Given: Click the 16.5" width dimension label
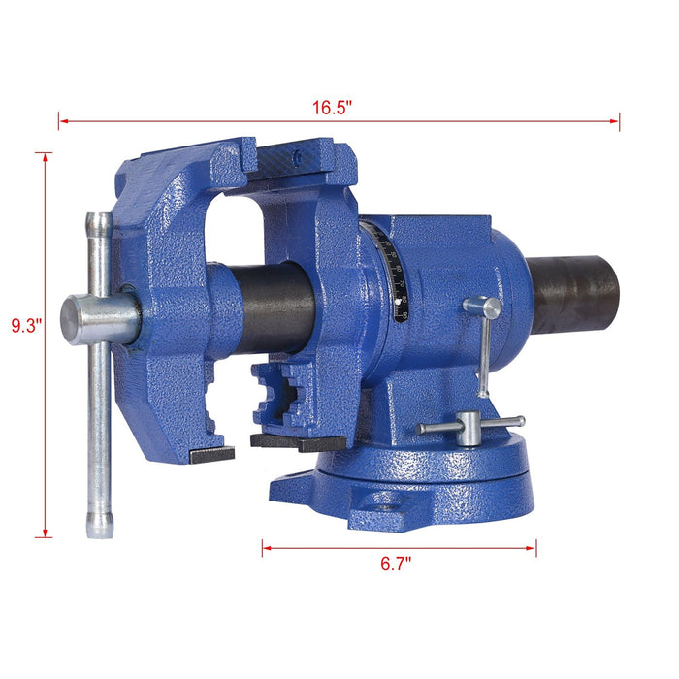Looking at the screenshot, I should pyautogui.click(x=331, y=108).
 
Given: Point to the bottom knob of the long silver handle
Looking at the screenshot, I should pyautogui.click(x=99, y=525).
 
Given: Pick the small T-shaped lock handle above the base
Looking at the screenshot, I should pyautogui.click(x=469, y=426).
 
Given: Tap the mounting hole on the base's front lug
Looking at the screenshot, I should pyautogui.click(x=386, y=503).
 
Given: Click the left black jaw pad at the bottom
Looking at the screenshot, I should pyautogui.click(x=212, y=454).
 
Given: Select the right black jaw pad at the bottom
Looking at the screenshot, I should pyautogui.click(x=296, y=442).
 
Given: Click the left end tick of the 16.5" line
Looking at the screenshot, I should pyautogui.click(x=59, y=122).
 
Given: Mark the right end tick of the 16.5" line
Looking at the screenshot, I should pyautogui.click(x=619, y=122).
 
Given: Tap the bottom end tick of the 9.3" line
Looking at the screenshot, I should pyautogui.click(x=44, y=536).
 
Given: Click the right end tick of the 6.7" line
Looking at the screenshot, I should pyautogui.click(x=535, y=548).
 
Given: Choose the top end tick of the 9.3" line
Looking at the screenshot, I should pyautogui.click(x=44, y=152).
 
